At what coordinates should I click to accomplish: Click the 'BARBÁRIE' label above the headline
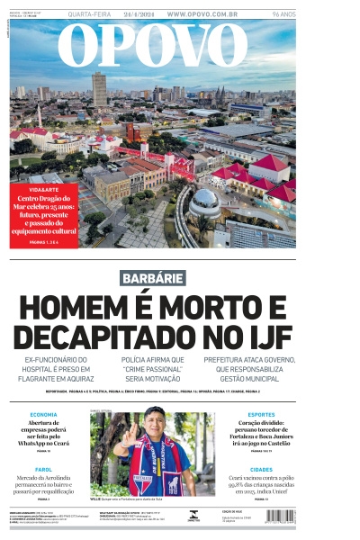(x=154, y=278)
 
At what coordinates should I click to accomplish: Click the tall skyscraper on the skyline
(x=99, y=88)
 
